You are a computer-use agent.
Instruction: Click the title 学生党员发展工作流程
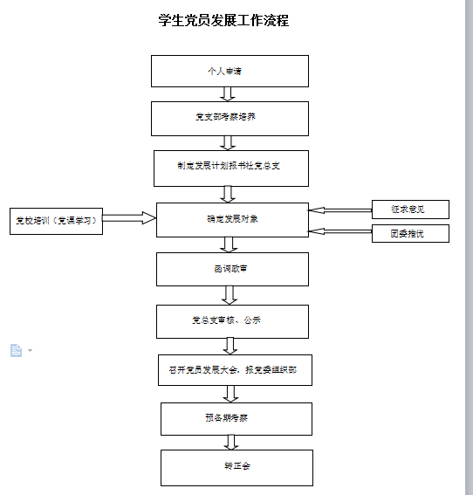click(224, 20)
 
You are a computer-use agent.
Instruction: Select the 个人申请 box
click(230, 71)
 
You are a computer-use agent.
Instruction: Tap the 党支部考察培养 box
click(230, 118)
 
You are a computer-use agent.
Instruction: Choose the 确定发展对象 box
click(232, 220)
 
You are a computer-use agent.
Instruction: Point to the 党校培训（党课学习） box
click(56, 221)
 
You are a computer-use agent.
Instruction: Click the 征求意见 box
click(409, 210)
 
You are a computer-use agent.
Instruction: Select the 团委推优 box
click(409, 233)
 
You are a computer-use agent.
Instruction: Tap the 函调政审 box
click(232, 269)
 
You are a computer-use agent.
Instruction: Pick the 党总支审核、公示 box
click(232, 321)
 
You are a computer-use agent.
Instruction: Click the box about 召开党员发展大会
click(233, 370)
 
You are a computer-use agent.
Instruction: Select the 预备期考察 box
click(236, 418)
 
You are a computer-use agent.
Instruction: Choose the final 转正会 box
click(236, 467)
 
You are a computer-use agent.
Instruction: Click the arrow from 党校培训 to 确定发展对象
click(129, 217)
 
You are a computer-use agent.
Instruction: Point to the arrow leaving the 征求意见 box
click(340, 210)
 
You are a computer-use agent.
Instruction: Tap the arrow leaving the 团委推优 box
click(340, 231)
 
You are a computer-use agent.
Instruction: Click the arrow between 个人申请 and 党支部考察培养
click(229, 94)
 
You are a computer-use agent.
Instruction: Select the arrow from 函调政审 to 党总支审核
click(230, 295)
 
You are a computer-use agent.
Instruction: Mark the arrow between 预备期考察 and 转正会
click(233, 443)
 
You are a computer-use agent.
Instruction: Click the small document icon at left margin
click(16, 350)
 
